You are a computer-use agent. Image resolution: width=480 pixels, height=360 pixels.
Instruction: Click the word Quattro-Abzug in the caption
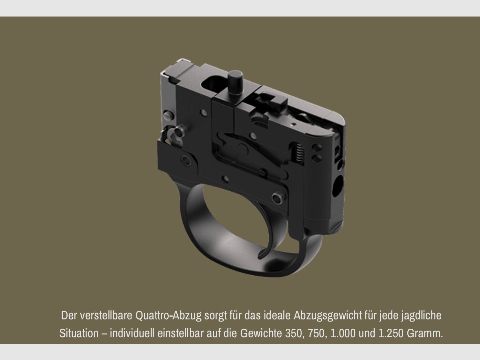pyautogui.click(x=168, y=316)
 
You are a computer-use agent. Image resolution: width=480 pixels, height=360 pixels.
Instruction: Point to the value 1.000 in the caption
pyautogui.click(x=343, y=333)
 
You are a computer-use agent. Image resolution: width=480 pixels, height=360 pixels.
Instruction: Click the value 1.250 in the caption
pyautogui.click(x=391, y=333)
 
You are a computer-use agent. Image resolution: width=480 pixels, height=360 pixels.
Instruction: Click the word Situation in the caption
pyautogui.click(x=79, y=333)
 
